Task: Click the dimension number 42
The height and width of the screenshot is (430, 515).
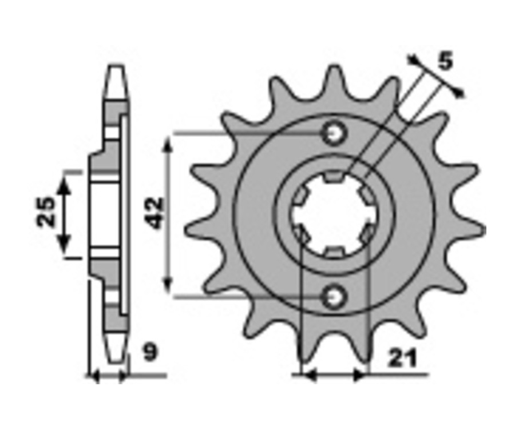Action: (155, 213)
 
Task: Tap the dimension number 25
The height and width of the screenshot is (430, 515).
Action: (46, 212)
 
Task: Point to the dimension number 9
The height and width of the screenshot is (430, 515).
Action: (151, 352)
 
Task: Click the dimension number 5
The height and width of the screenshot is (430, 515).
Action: (445, 61)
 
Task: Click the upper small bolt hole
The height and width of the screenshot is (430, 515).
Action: (334, 134)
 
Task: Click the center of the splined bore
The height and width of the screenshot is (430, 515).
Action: (334, 214)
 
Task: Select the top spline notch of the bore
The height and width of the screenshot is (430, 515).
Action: (334, 177)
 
